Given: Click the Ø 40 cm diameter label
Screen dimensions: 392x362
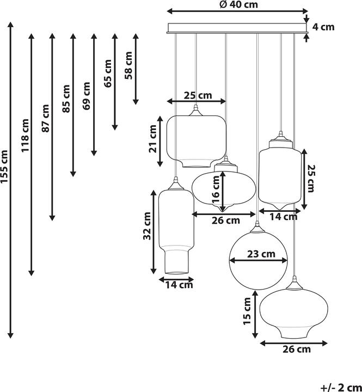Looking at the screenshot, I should point(238,4).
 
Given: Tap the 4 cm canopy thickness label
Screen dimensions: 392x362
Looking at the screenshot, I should point(324,27).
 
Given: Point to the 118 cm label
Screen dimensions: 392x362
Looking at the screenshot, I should point(25,135).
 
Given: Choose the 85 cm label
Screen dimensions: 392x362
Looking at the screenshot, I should point(66,99).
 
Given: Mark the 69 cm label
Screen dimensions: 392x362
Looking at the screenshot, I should point(87,96).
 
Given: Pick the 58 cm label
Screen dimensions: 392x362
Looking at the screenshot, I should point(128,65).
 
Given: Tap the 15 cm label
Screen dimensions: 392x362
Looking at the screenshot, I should point(248,310).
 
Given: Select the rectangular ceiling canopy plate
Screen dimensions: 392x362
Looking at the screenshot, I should point(237,28).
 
